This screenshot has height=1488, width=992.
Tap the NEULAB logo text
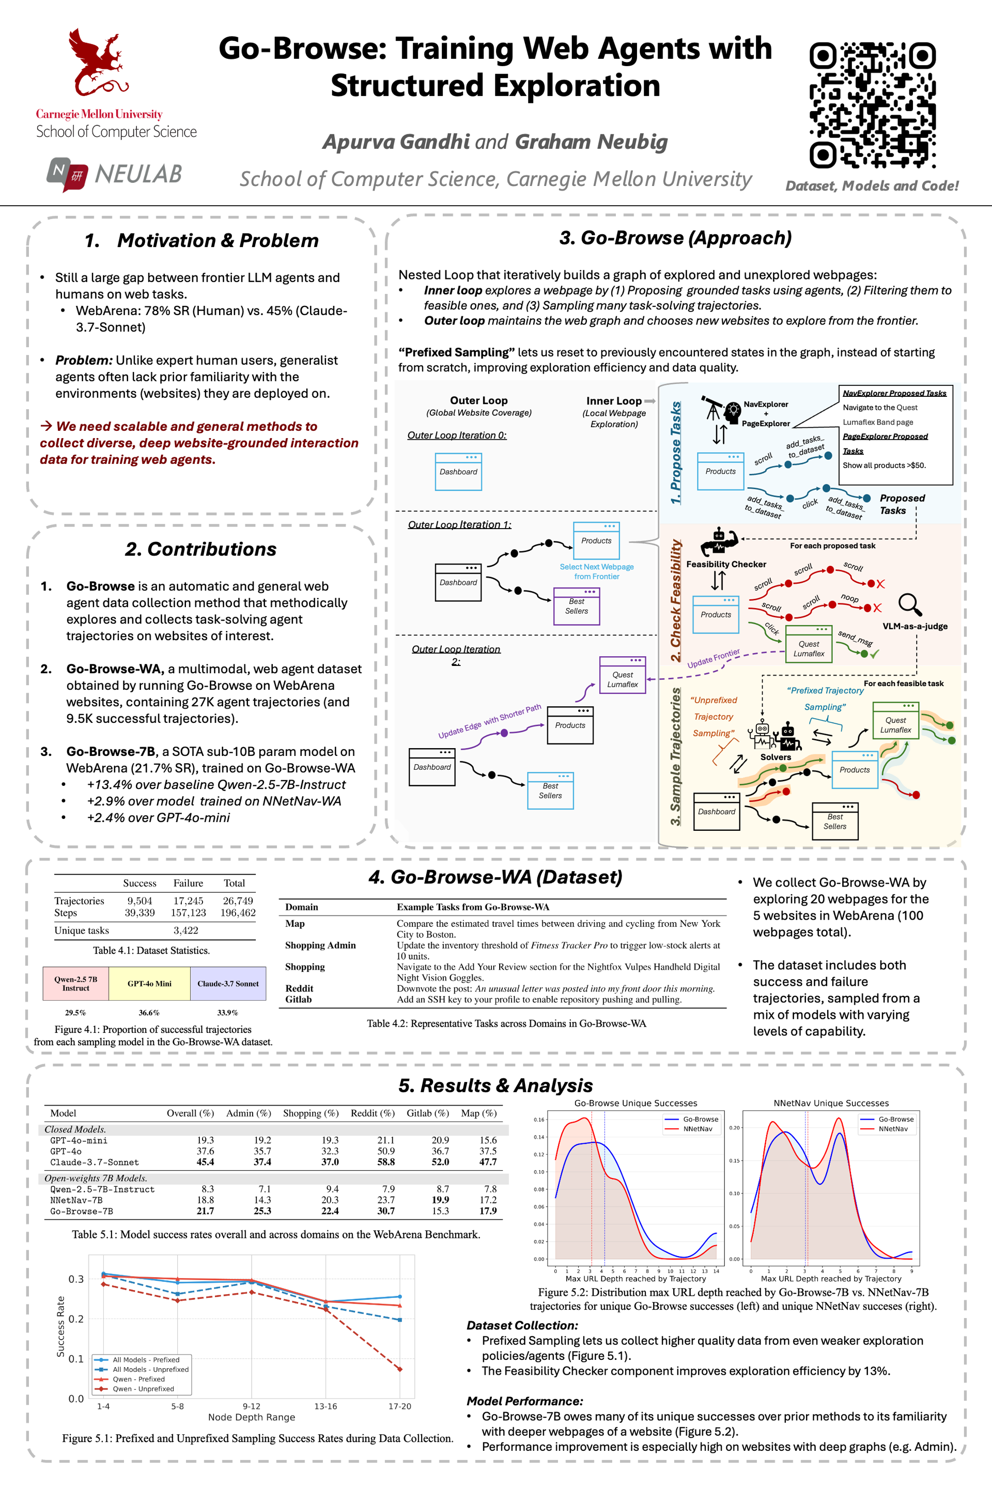pyautogui.click(x=138, y=174)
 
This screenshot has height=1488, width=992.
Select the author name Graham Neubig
pyautogui.click(x=591, y=142)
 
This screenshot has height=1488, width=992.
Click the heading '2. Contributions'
pyautogui.click(x=200, y=549)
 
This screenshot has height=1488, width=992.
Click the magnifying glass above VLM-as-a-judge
pyautogui.click(x=910, y=604)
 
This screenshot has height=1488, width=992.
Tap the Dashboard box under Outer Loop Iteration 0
pyautogui.click(x=458, y=472)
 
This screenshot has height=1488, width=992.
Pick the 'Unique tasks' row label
pyautogui.click(x=82, y=930)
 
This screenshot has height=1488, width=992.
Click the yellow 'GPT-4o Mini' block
pyautogui.click(x=149, y=983)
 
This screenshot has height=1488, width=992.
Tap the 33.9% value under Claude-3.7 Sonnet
pyautogui.click(x=228, y=1012)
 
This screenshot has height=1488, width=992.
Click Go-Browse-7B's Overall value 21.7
pyautogui.click(x=205, y=1211)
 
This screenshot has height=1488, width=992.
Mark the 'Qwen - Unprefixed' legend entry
pyautogui.click(x=143, y=1389)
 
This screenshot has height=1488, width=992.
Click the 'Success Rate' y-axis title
pyautogui.click(x=61, y=1326)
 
